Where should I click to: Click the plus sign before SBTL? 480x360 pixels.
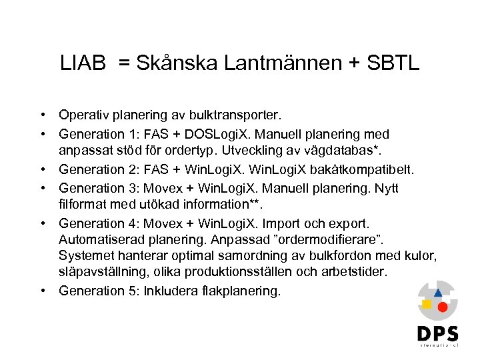[x=356, y=64]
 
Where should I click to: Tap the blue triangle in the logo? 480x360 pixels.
[x=437, y=293]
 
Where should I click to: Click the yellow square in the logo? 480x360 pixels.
[x=427, y=304]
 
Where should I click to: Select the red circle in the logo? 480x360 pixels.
[x=441, y=307]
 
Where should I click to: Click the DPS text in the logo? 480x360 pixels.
[x=437, y=333]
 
